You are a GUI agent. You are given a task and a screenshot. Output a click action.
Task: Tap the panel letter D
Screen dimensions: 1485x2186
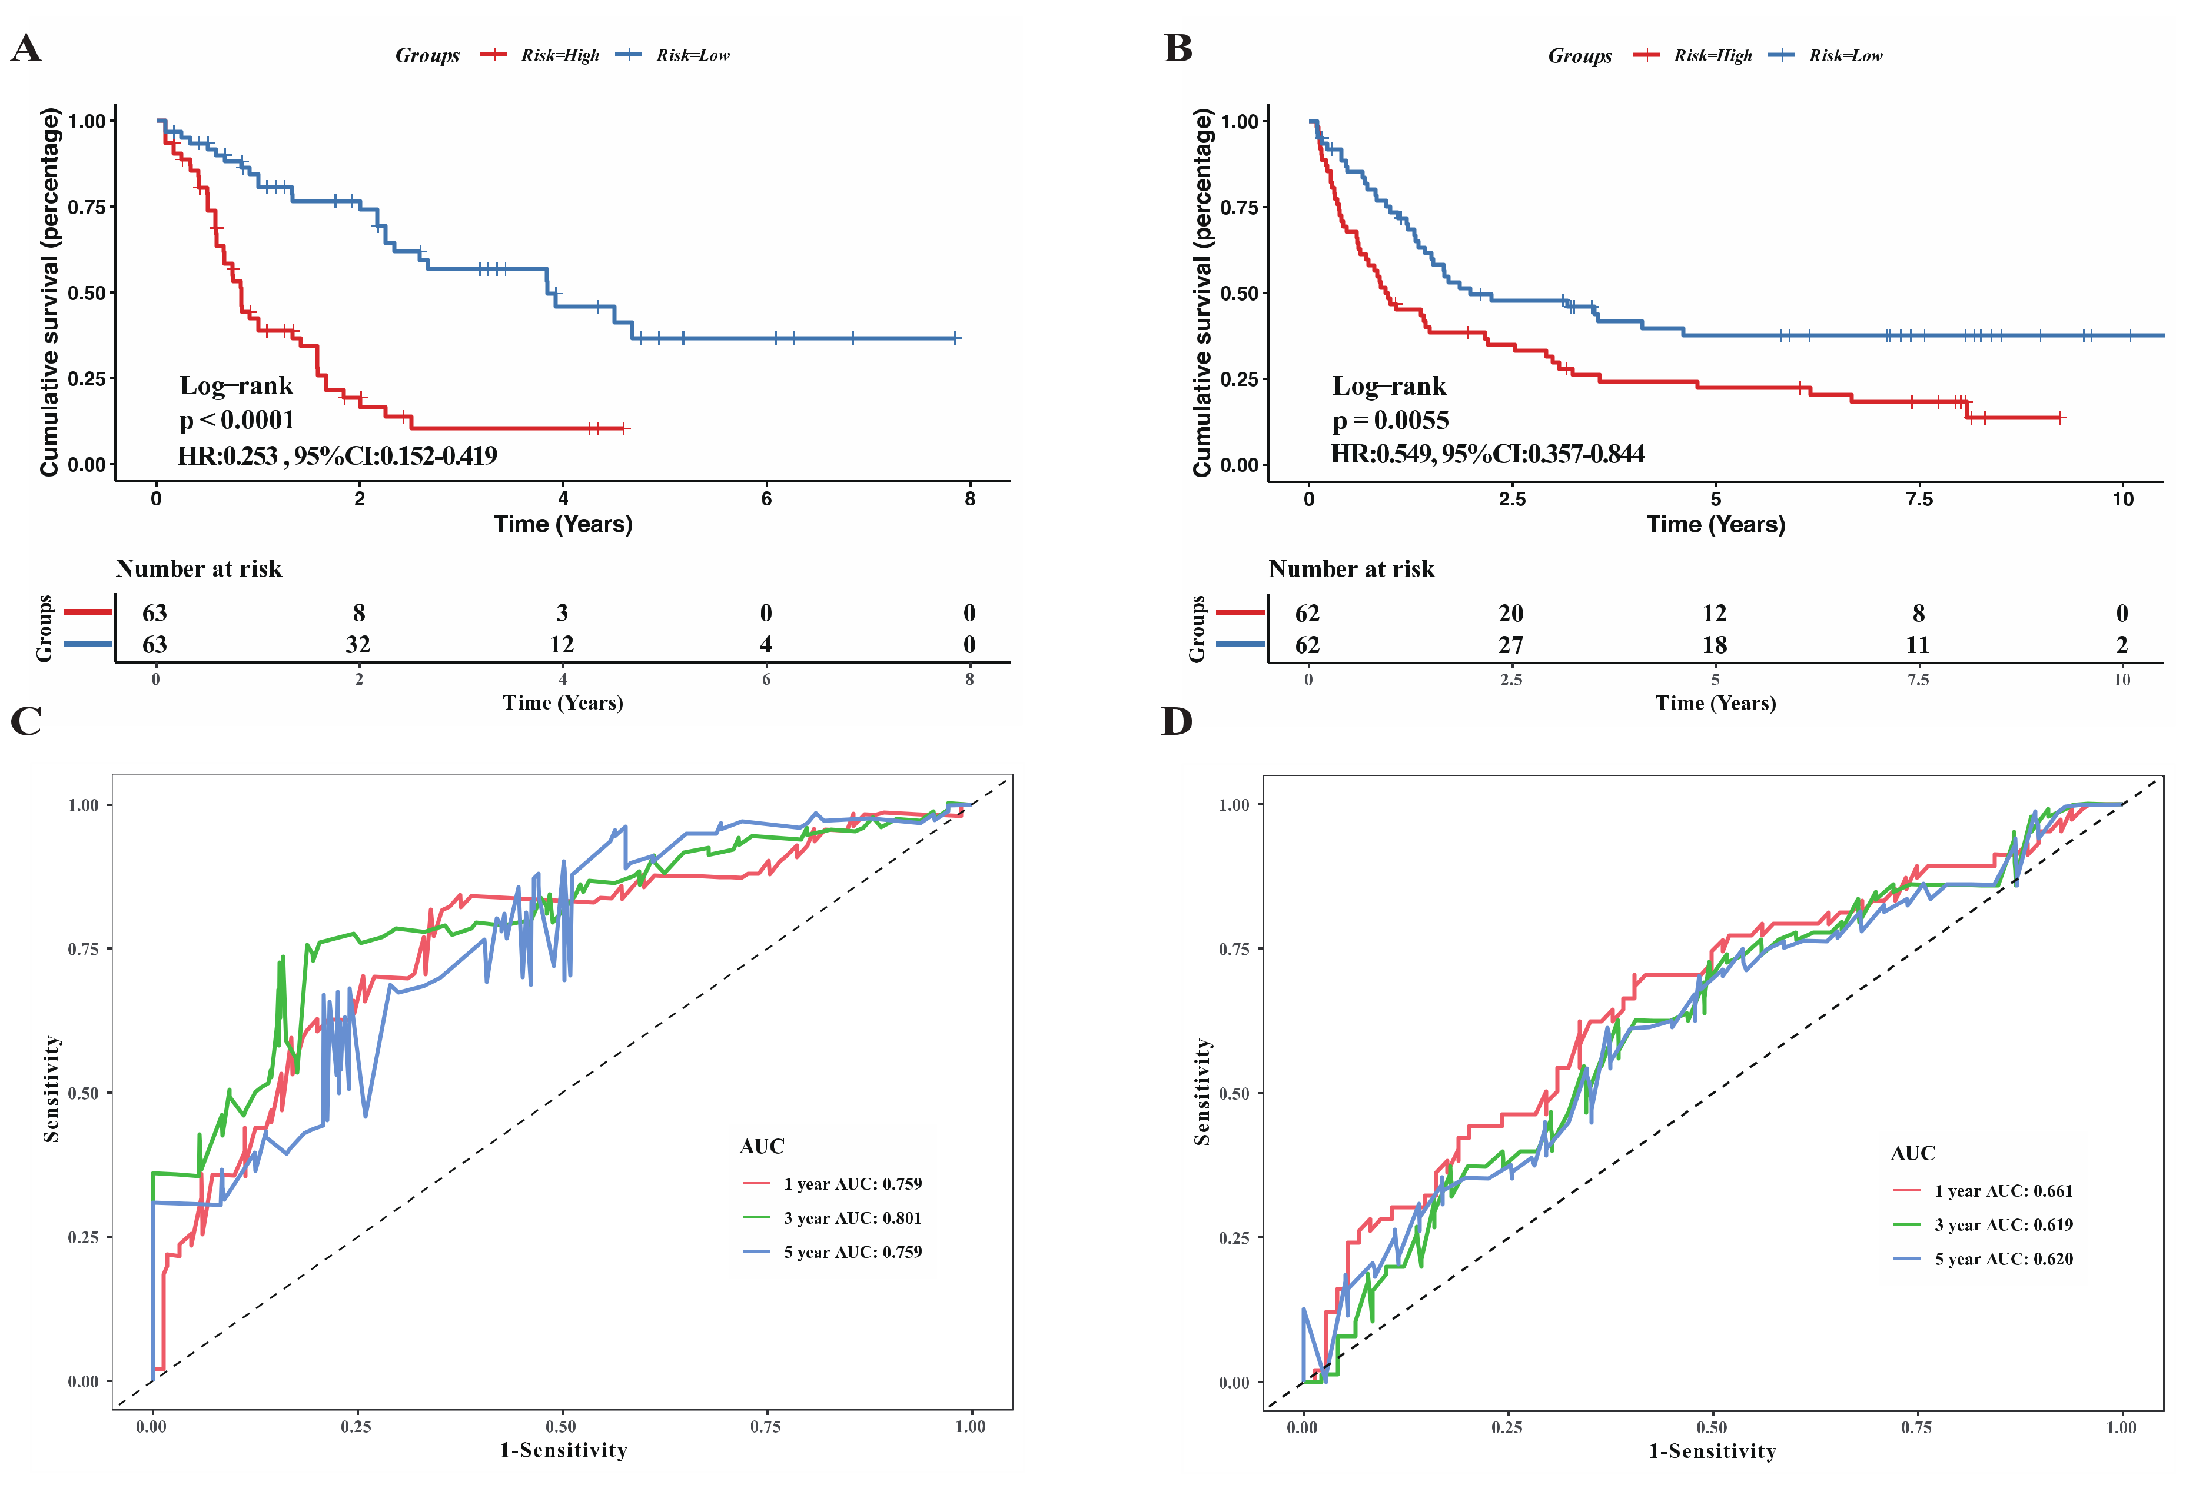coord(1177,721)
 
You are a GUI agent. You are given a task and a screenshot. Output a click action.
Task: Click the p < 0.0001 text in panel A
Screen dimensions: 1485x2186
coord(237,421)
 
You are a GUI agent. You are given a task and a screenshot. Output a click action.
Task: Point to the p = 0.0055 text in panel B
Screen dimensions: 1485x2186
coord(1390,421)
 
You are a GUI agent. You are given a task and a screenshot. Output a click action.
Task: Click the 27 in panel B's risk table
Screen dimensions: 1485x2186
coord(1511,645)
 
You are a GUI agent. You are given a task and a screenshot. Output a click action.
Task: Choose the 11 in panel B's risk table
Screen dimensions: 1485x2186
coord(1918,645)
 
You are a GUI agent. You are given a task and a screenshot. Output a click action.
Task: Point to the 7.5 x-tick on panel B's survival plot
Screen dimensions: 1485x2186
coord(1919,500)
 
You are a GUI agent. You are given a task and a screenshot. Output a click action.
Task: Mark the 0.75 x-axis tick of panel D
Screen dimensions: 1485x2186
coord(1917,1427)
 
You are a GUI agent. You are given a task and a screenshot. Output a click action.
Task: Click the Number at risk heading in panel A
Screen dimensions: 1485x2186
coord(198,569)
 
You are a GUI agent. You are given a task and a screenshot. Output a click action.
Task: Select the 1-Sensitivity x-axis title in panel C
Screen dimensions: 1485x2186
coord(563,1450)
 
